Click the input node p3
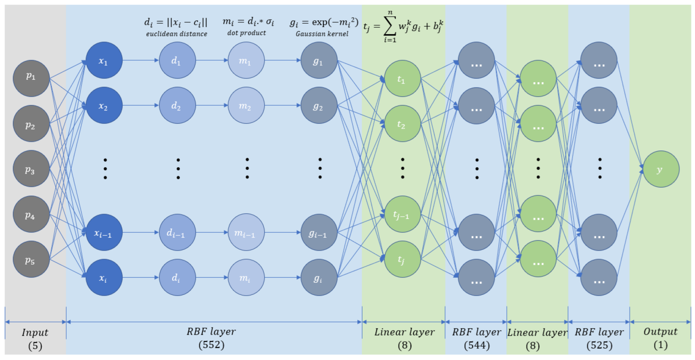tap(31, 168)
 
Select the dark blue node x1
tap(104, 60)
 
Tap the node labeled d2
tap(177, 105)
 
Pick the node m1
tap(246, 60)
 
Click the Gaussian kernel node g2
tap(319, 105)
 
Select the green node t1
tap(402, 79)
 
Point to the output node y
tap(661, 169)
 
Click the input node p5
tap(31, 259)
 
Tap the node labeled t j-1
tap(402, 214)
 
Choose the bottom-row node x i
tap(104, 277)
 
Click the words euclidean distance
tap(177, 34)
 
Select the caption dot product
tap(246, 33)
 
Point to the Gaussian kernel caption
tap(322, 34)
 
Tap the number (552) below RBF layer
tap(211, 345)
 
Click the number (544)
tap(476, 345)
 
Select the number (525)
tap(599, 345)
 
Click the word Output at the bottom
tap(660, 332)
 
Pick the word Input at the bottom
tap(35, 332)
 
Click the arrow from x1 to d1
tap(141, 60)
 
